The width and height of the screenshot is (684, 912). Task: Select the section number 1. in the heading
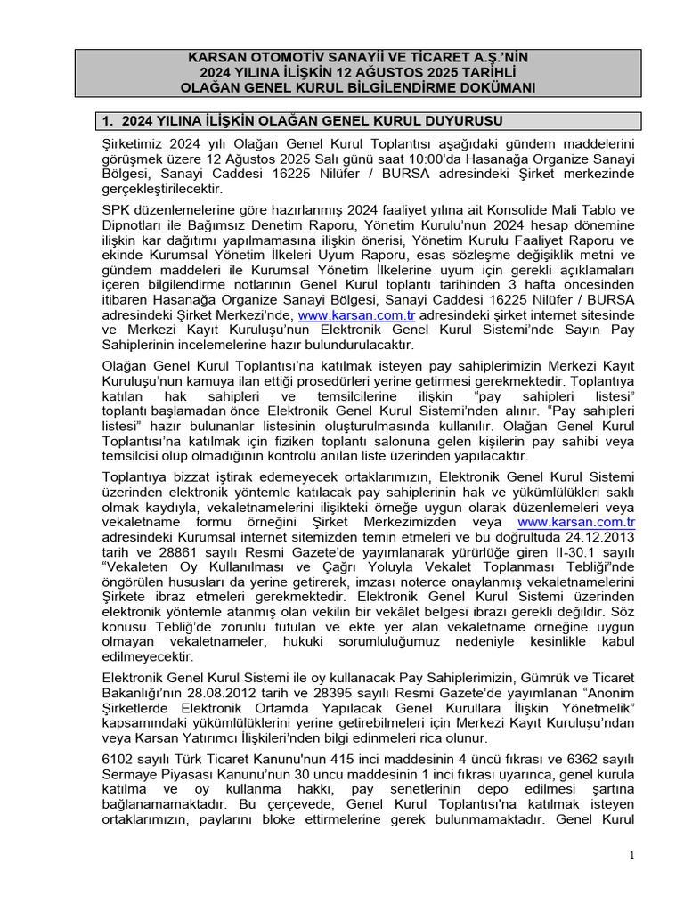tap(110, 121)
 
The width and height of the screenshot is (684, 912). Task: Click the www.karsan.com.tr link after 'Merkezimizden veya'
tap(575, 522)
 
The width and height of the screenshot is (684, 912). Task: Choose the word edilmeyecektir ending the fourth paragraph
tap(148, 655)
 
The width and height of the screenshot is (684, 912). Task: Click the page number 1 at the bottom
tap(631, 856)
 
